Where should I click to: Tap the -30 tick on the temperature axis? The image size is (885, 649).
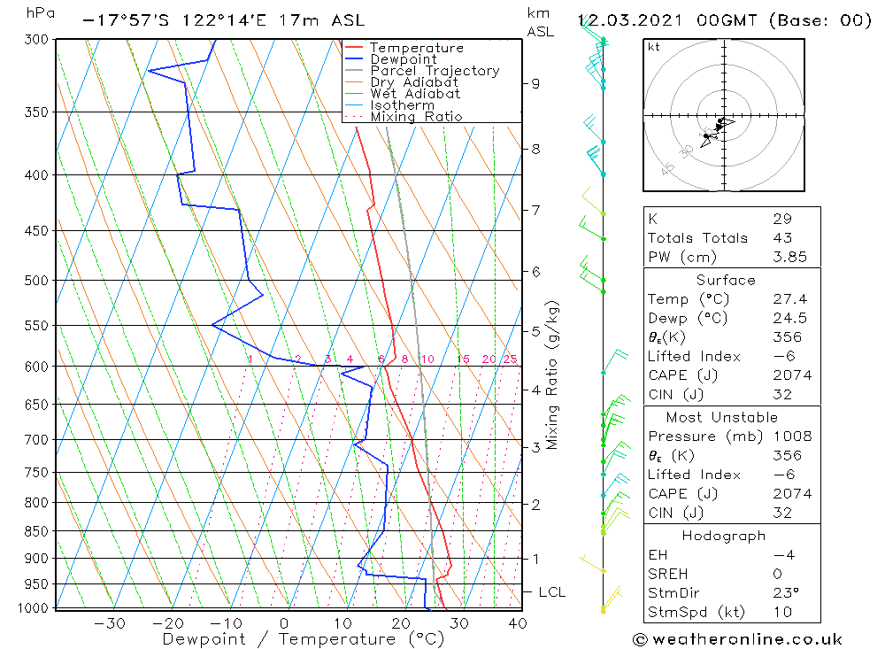coord(109,623)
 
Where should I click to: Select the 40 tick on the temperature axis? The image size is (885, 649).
coord(518,623)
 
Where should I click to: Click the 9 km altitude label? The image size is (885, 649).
coord(535,83)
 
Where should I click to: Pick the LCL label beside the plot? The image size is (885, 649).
coord(551,591)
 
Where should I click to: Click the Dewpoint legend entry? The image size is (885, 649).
coord(403,59)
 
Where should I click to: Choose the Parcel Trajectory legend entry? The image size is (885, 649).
coord(435,71)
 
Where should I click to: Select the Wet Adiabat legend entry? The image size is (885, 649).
coord(415,94)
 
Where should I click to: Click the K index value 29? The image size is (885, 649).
coord(781,219)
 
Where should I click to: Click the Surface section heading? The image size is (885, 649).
coord(726,281)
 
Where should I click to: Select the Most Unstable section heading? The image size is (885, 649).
coord(722,418)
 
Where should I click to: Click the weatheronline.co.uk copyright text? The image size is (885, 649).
coord(737,639)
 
